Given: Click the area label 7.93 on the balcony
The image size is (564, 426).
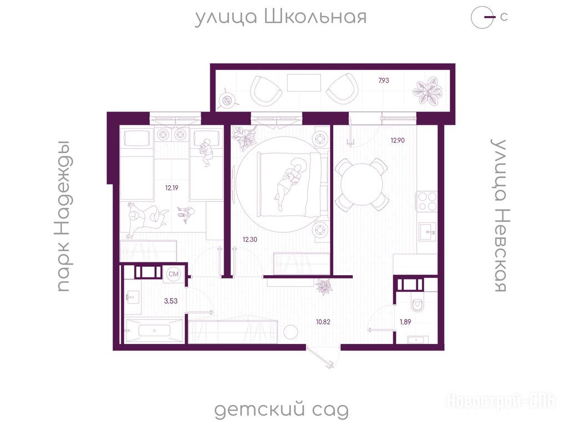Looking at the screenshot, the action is [x=384, y=80].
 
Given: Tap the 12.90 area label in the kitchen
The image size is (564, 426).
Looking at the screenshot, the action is [x=398, y=140].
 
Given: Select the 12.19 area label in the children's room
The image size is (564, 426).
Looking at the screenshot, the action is [x=171, y=188].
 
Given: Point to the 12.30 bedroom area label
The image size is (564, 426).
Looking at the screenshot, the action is [x=250, y=239].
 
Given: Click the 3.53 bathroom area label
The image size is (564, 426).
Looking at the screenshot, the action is [x=171, y=301].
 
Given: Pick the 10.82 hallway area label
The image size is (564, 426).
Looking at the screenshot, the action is [x=323, y=322].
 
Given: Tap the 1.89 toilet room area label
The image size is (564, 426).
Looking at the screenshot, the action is [x=405, y=322].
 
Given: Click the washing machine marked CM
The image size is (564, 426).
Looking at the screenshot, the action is [x=174, y=274].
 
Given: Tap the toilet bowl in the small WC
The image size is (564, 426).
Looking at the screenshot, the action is [x=417, y=304].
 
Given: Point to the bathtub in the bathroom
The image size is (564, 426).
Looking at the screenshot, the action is [x=154, y=330].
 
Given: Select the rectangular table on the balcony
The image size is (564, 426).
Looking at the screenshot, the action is [x=304, y=83].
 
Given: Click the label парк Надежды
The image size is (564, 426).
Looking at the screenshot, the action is [x=64, y=216].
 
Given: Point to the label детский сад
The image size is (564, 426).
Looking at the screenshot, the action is [x=282, y=410].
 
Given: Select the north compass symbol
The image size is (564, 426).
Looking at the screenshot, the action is [x=483, y=17].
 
